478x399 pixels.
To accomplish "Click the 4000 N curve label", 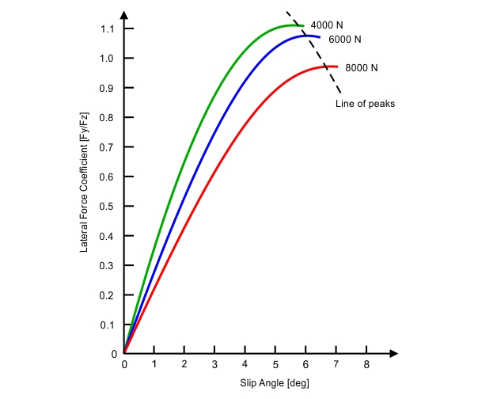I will [x=328, y=25].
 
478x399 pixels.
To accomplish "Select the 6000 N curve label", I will [x=345, y=40].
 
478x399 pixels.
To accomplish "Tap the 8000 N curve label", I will [x=362, y=68].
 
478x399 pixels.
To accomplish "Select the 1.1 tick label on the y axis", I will [x=108, y=28].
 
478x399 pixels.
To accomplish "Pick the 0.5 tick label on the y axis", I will [x=108, y=207].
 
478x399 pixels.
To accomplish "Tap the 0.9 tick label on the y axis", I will [x=108, y=88].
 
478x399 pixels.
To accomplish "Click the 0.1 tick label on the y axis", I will [x=108, y=325].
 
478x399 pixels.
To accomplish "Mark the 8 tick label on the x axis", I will [x=366, y=366].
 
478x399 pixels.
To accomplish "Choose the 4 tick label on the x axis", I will [x=245, y=366].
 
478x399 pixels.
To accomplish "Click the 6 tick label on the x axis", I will [x=305, y=366].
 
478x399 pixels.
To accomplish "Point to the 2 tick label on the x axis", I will [x=184, y=366].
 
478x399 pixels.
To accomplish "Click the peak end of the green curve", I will [x=302, y=25].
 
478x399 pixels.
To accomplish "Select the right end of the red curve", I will [x=337, y=67].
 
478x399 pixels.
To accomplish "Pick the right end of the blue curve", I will [x=320, y=37].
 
